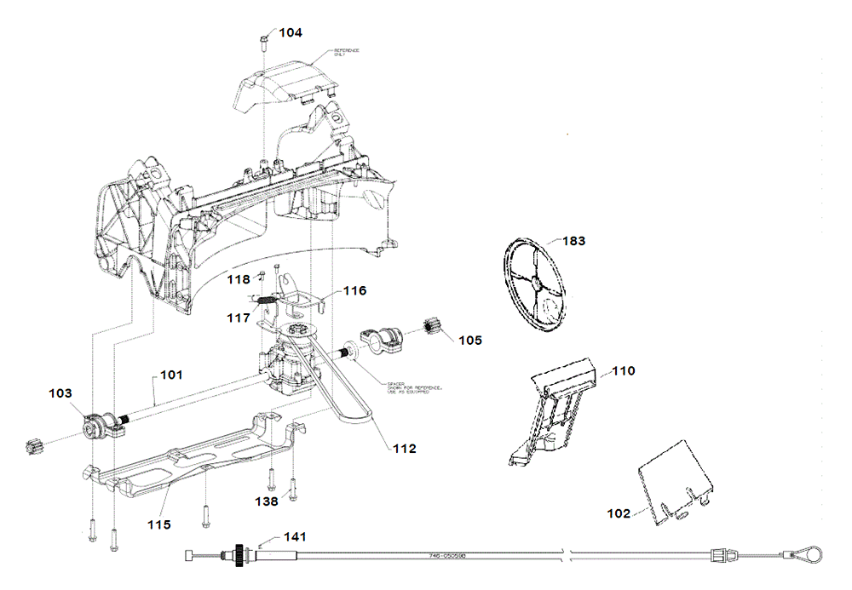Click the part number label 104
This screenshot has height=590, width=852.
pos(291,32)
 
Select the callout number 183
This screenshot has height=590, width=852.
pos(573,241)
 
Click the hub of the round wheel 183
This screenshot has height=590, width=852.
pos(535,285)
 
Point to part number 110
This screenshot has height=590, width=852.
pos(624,371)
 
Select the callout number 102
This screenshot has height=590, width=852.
pos(619,513)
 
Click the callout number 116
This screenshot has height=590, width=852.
pos(354,291)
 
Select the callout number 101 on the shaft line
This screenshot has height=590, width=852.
pos(171,373)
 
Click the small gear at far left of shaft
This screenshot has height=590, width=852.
pos(35,444)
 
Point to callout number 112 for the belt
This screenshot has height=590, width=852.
pos(404,448)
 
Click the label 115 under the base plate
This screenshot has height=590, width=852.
pos(159,524)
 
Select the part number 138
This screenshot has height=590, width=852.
pos(267,502)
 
